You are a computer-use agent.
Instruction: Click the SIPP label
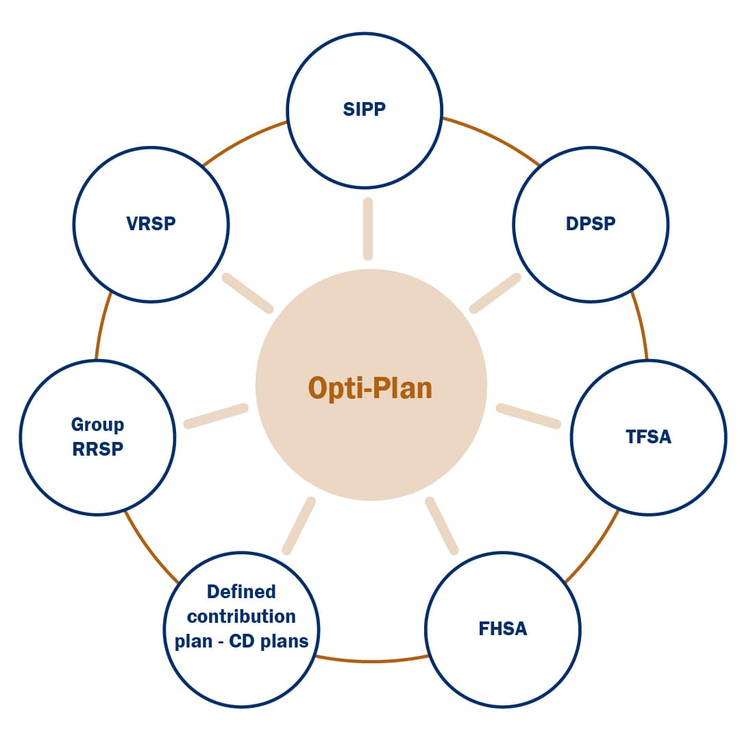364,110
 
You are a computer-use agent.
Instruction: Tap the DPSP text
591,224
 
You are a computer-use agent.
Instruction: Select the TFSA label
648,437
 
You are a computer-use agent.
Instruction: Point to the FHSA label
503,629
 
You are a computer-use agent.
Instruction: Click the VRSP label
151,224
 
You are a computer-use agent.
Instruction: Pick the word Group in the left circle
97,425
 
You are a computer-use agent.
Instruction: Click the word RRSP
97,450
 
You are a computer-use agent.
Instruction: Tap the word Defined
241,591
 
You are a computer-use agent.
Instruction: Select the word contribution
241,617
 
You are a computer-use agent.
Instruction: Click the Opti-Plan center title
370,388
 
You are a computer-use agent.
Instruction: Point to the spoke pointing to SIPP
368,229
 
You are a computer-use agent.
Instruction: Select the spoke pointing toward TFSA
528,417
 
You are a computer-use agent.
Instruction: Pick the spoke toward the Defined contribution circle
299,526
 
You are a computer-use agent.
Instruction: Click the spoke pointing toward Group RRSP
215,417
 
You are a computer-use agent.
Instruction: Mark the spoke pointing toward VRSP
247,293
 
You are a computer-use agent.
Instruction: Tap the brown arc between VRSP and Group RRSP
103,325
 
